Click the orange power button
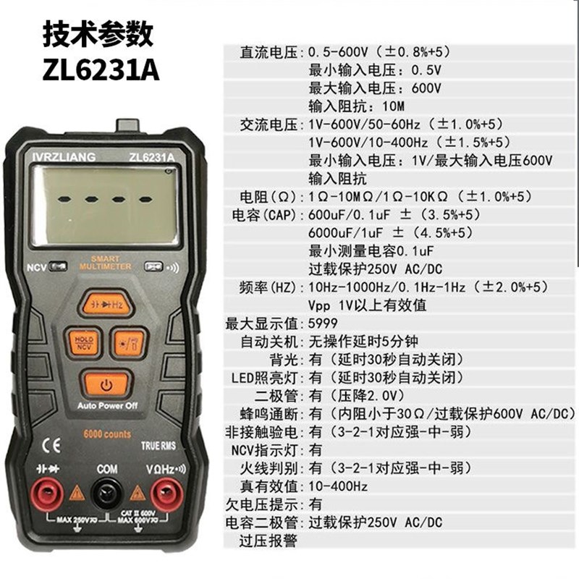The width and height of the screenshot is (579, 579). point(106,383)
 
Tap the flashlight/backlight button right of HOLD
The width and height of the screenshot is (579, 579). point(129,342)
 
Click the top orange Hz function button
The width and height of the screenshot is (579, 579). point(106,304)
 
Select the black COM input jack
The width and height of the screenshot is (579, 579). point(106,494)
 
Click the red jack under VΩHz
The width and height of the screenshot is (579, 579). point(166,494)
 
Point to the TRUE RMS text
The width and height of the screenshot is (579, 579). point(158,446)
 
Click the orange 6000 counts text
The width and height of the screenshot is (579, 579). point(106,434)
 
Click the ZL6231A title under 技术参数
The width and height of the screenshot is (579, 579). point(101,71)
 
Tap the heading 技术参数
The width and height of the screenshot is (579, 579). point(98,33)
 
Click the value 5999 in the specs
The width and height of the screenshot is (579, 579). point(323,323)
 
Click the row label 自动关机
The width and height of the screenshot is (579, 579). point(271,341)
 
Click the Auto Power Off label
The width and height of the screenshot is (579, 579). point(106,405)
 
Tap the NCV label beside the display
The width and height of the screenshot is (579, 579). point(36,266)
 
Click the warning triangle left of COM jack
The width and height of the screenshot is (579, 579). point(77,494)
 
